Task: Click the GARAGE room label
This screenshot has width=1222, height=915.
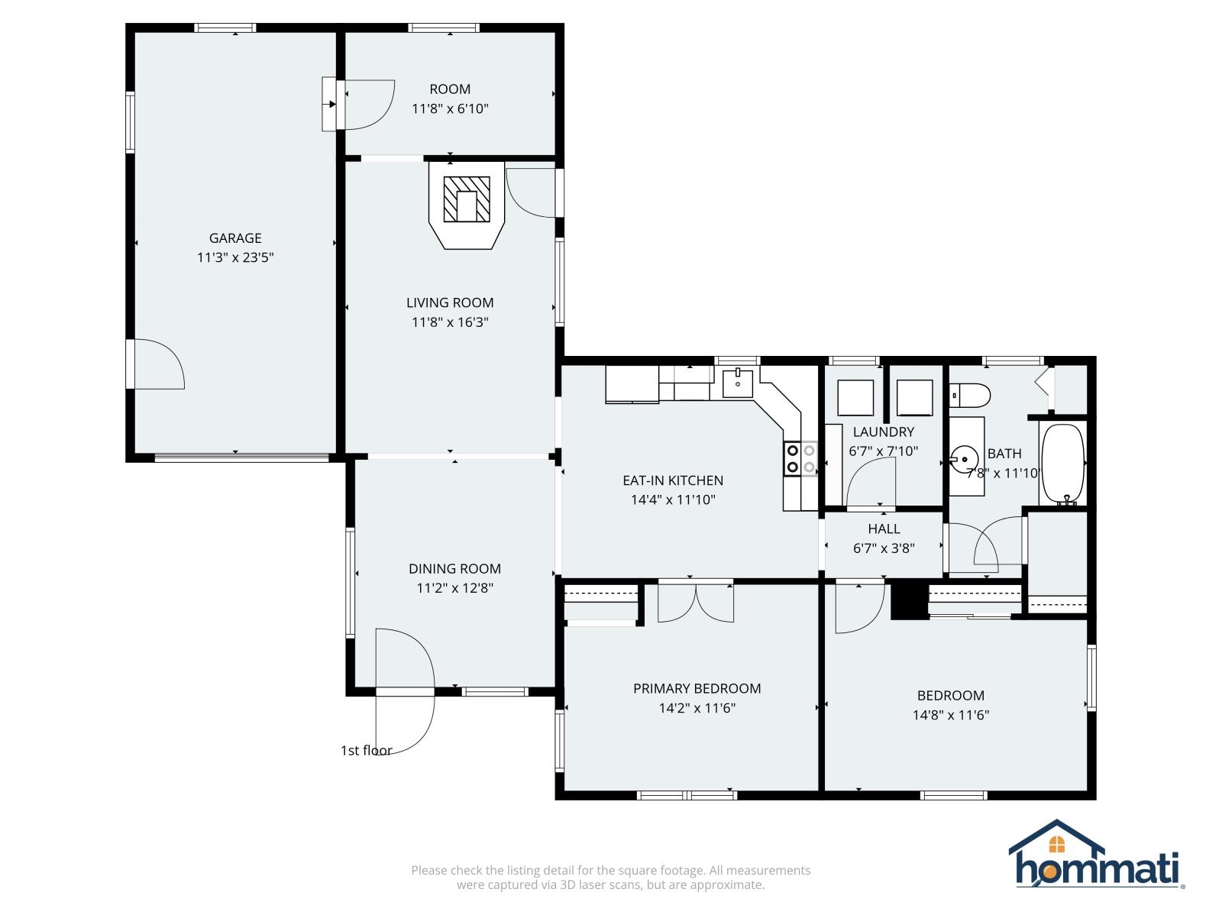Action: click(x=235, y=238)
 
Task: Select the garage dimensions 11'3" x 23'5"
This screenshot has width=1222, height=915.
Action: click(x=235, y=258)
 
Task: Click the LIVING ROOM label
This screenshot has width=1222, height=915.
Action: click(x=450, y=302)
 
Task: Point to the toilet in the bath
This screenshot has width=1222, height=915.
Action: click(x=971, y=396)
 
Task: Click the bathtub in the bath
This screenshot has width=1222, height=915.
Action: click(x=1062, y=464)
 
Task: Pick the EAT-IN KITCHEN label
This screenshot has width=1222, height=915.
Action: click(x=673, y=480)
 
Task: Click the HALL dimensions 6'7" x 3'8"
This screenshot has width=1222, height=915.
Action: click(x=884, y=548)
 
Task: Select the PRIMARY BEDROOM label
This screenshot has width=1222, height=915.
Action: click(x=697, y=689)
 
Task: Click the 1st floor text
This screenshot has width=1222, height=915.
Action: click(x=366, y=751)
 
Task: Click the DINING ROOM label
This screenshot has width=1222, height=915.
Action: click(x=454, y=569)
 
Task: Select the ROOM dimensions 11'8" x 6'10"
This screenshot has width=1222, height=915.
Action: click(x=450, y=109)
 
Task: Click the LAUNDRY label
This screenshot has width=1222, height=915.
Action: click(x=883, y=432)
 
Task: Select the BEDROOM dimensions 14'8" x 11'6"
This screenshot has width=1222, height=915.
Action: click(x=951, y=716)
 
